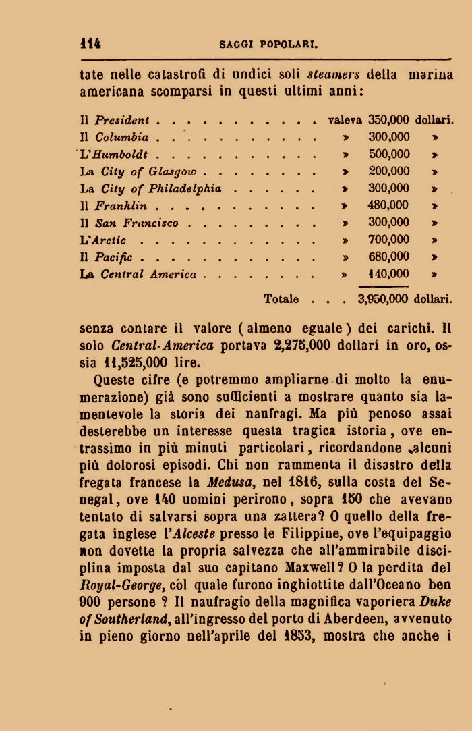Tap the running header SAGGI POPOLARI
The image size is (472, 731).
click(268, 46)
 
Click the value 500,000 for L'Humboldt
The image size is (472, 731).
click(389, 155)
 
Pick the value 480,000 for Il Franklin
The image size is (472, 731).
click(388, 205)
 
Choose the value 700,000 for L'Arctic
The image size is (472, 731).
click(389, 240)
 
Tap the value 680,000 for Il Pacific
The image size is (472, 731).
click(389, 256)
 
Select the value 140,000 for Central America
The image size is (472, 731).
click(389, 274)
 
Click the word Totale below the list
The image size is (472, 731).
click(281, 298)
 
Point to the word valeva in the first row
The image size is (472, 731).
click(345, 121)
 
